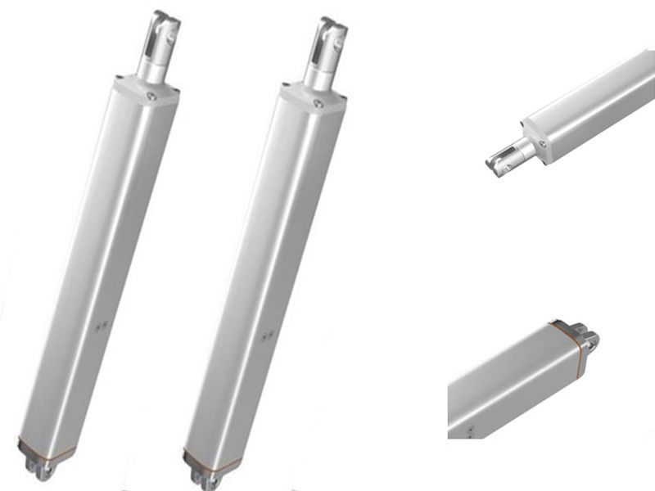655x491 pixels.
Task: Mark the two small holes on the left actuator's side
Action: pyautogui.click(x=101, y=325)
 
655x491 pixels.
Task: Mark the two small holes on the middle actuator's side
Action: pyautogui.click(x=265, y=333)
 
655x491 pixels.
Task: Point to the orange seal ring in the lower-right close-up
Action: pyautogui.click(x=566, y=335)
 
